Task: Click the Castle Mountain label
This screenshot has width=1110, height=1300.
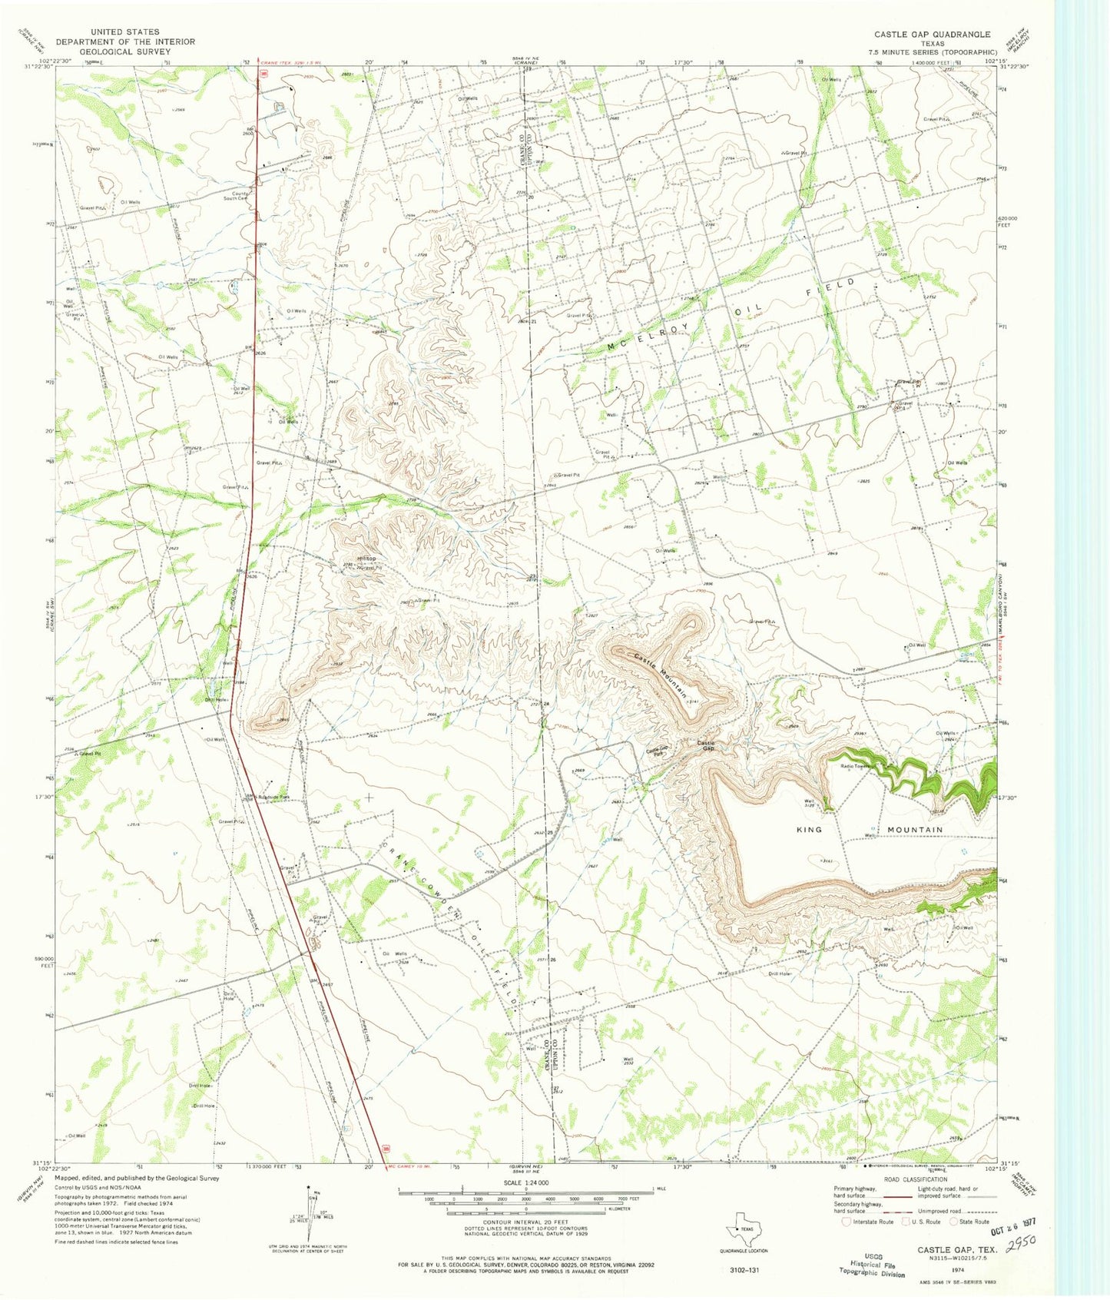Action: (x=661, y=675)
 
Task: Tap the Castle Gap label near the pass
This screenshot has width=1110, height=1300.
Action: (x=706, y=745)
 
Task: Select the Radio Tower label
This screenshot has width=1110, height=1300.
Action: (x=855, y=766)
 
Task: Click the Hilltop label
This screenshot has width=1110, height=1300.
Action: (x=366, y=558)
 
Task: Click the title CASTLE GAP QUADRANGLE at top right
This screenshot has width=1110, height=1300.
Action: (x=932, y=35)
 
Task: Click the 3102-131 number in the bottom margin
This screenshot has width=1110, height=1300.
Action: (x=744, y=1270)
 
